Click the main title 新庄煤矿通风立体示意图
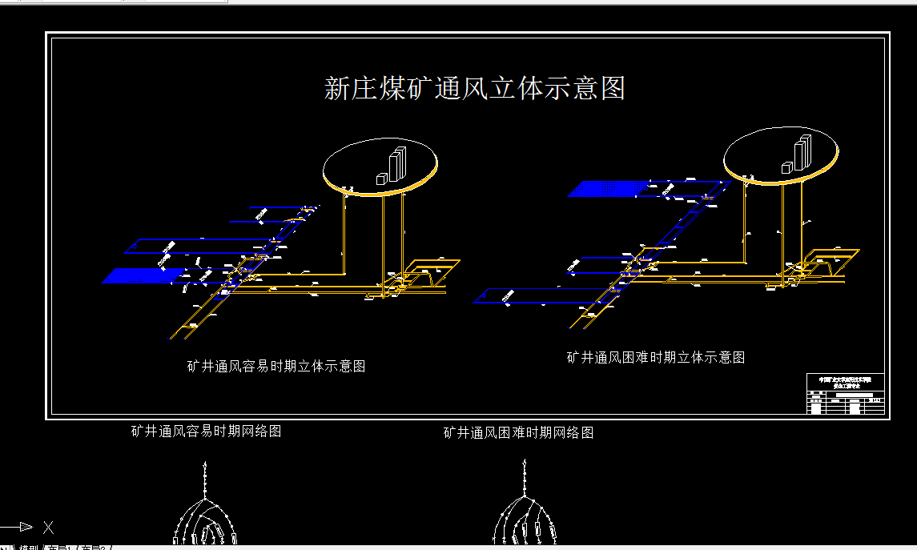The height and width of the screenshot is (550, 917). click(x=474, y=88)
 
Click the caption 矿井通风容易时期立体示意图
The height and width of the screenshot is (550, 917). click(x=276, y=366)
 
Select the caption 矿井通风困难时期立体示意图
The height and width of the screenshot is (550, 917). click(x=655, y=358)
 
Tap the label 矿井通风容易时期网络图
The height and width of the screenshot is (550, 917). click(x=206, y=431)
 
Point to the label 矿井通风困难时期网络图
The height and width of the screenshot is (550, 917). click(x=518, y=432)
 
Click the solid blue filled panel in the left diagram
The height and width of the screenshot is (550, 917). click(x=143, y=275)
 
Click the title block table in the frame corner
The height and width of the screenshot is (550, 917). click(x=846, y=393)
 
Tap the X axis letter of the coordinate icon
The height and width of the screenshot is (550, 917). click(x=48, y=527)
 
